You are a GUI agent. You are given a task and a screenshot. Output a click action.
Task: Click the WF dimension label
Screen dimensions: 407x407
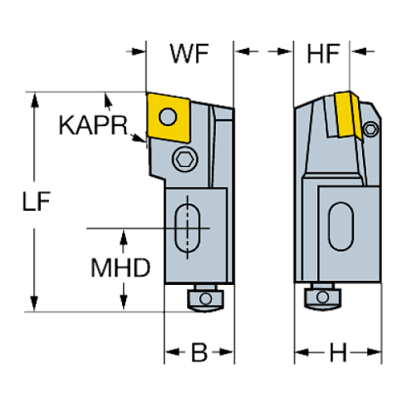189,56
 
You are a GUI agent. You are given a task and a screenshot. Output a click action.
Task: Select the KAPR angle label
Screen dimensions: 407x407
93,126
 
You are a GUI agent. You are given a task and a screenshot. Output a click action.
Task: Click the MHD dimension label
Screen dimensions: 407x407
120,267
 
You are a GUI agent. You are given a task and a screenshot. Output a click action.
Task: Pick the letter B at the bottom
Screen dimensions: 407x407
199,352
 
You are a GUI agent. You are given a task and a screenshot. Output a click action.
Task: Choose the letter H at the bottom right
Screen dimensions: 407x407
337,352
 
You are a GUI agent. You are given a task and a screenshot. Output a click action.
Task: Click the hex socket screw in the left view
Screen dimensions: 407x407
184,159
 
